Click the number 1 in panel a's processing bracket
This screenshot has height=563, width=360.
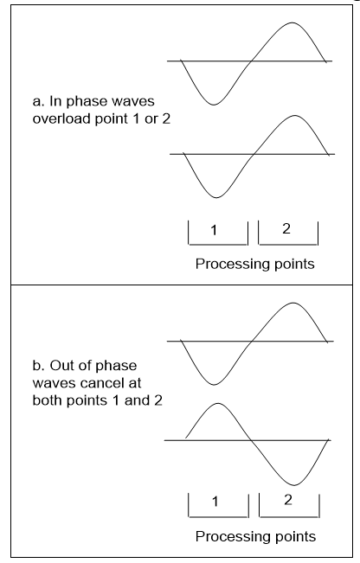click(214, 230)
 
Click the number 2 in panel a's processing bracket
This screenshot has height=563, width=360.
click(286, 228)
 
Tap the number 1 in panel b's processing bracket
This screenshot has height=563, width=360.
click(215, 502)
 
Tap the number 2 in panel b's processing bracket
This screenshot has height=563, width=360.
click(288, 500)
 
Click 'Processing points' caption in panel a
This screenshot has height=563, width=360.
click(255, 264)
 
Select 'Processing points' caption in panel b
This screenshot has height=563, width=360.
click(256, 536)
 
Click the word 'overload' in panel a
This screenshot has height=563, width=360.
click(61, 118)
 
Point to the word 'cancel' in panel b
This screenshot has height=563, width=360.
click(101, 383)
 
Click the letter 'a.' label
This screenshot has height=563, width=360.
click(39, 101)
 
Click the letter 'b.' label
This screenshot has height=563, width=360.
click(39, 366)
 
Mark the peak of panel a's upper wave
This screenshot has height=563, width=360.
click(292, 22)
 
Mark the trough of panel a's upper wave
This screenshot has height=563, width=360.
click(214, 105)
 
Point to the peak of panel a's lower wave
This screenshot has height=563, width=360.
click(294, 116)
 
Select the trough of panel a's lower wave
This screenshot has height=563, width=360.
click(216, 197)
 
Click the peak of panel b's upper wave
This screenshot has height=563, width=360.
click(293, 303)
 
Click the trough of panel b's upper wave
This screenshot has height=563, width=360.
click(214, 385)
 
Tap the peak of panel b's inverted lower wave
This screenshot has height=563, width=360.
click(218, 403)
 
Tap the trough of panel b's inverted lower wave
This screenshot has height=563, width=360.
click(294, 485)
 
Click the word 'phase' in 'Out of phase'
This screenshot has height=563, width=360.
click(117, 366)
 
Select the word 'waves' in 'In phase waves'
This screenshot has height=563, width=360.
click(133, 101)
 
